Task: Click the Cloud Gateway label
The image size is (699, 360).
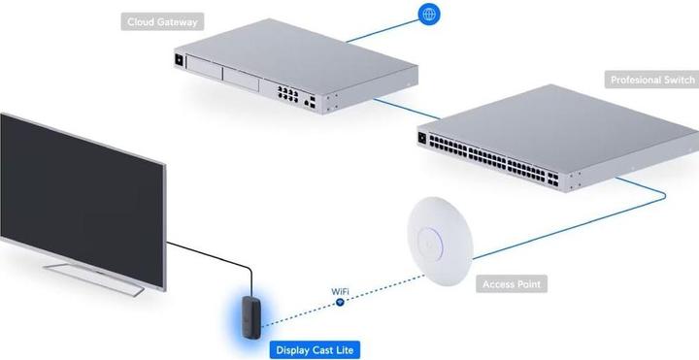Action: tap(162, 20)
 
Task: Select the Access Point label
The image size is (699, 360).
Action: tap(512, 284)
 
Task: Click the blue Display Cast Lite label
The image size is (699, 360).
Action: tap(315, 348)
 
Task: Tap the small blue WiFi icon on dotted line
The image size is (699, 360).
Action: tap(340, 302)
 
